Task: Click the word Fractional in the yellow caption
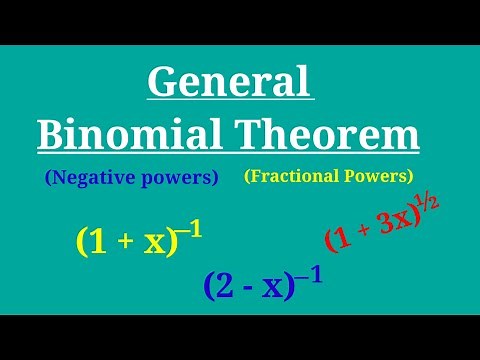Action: click(295, 176)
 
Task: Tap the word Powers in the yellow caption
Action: click(378, 176)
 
